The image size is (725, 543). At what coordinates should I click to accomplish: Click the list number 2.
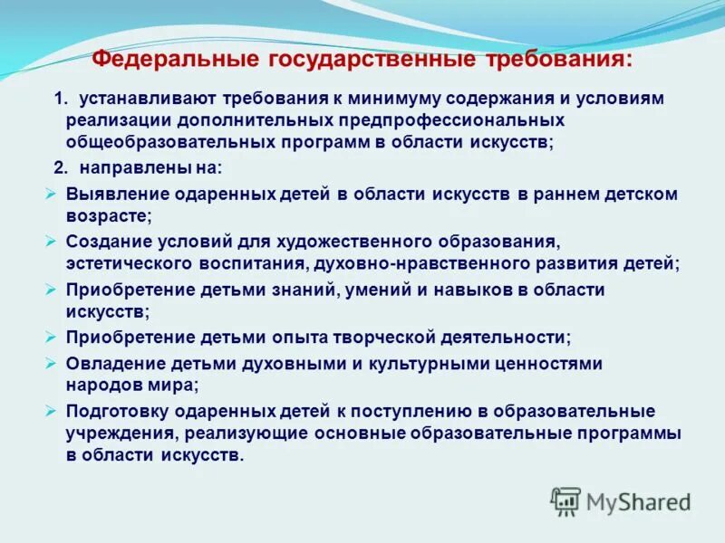pyautogui.click(x=60, y=167)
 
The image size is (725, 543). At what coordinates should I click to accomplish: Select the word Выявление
pyautogui.click(x=108, y=194)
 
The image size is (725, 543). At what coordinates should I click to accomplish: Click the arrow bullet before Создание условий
pyautogui.click(x=51, y=241)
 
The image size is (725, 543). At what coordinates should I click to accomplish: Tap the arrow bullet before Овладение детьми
pyautogui.click(x=51, y=362)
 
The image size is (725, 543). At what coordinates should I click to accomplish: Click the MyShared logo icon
pyautogui.click(x=565, y=500)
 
